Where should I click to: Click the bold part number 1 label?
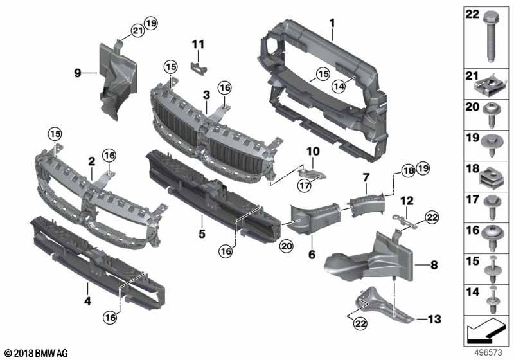[x=332, y=23]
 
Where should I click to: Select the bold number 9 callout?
[x=77, y=73]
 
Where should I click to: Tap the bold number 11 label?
[x=198, y=44]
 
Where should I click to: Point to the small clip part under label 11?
[x=199, y=67]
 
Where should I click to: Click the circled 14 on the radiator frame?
[x=339, y=86]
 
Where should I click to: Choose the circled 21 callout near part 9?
[x=138, y=30]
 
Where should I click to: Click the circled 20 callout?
[x=286, y=246]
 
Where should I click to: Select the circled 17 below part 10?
[x=305, y=186]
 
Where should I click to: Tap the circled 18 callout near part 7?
[x=409, y=170]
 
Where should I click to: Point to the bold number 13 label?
[x=434, y=319]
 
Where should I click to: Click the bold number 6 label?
[x=312, y=254]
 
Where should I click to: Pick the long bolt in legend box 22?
[x=491, y=37]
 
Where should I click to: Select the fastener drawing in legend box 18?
[x=490, y=178]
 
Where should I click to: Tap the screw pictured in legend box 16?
[x=492, y=238]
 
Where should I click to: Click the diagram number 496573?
[x=488, y=352]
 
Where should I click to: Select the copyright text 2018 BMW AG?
[x=37, y=353]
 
